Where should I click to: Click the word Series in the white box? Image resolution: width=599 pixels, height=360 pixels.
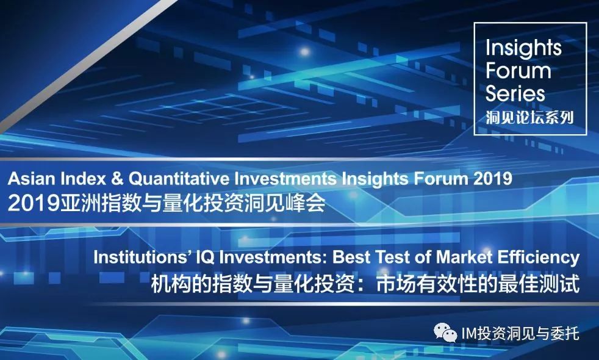(x=515, y=93)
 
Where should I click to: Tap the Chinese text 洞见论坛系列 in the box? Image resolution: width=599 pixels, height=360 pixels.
(x=529, y=117)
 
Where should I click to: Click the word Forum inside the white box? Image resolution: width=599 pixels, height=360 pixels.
(x=518, y=71)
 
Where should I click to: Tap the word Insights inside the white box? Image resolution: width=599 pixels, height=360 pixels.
(x=523, y=49)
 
